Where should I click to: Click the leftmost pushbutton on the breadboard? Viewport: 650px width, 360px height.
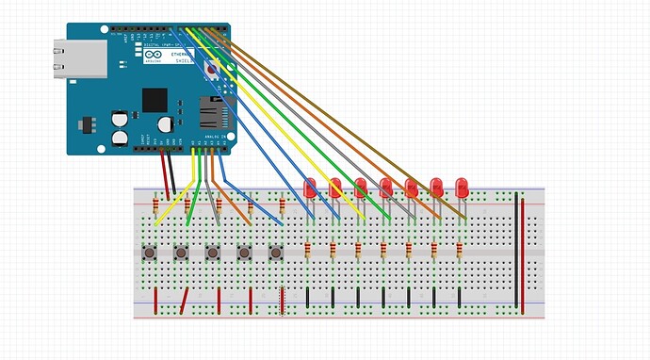pyautogui.click(x=149, y=253)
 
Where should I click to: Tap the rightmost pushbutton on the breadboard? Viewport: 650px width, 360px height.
pyautogui.click(x=276, y=253)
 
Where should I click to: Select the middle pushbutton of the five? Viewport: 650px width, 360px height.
pyautogui.click(x=213, y=253)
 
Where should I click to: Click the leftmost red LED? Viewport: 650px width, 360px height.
pyautogui.click(x=309, y=188)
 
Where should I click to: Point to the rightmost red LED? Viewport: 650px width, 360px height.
pyautogui.click(x=462, y=188)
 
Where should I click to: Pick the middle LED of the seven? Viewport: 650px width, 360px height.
pyautogui.click(x=385, y=188)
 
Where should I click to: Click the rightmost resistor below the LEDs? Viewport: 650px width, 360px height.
pyautogui.click(x=459, y=251)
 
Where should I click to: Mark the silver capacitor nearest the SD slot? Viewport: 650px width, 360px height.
pyautogui.click(x=166, y=123)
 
